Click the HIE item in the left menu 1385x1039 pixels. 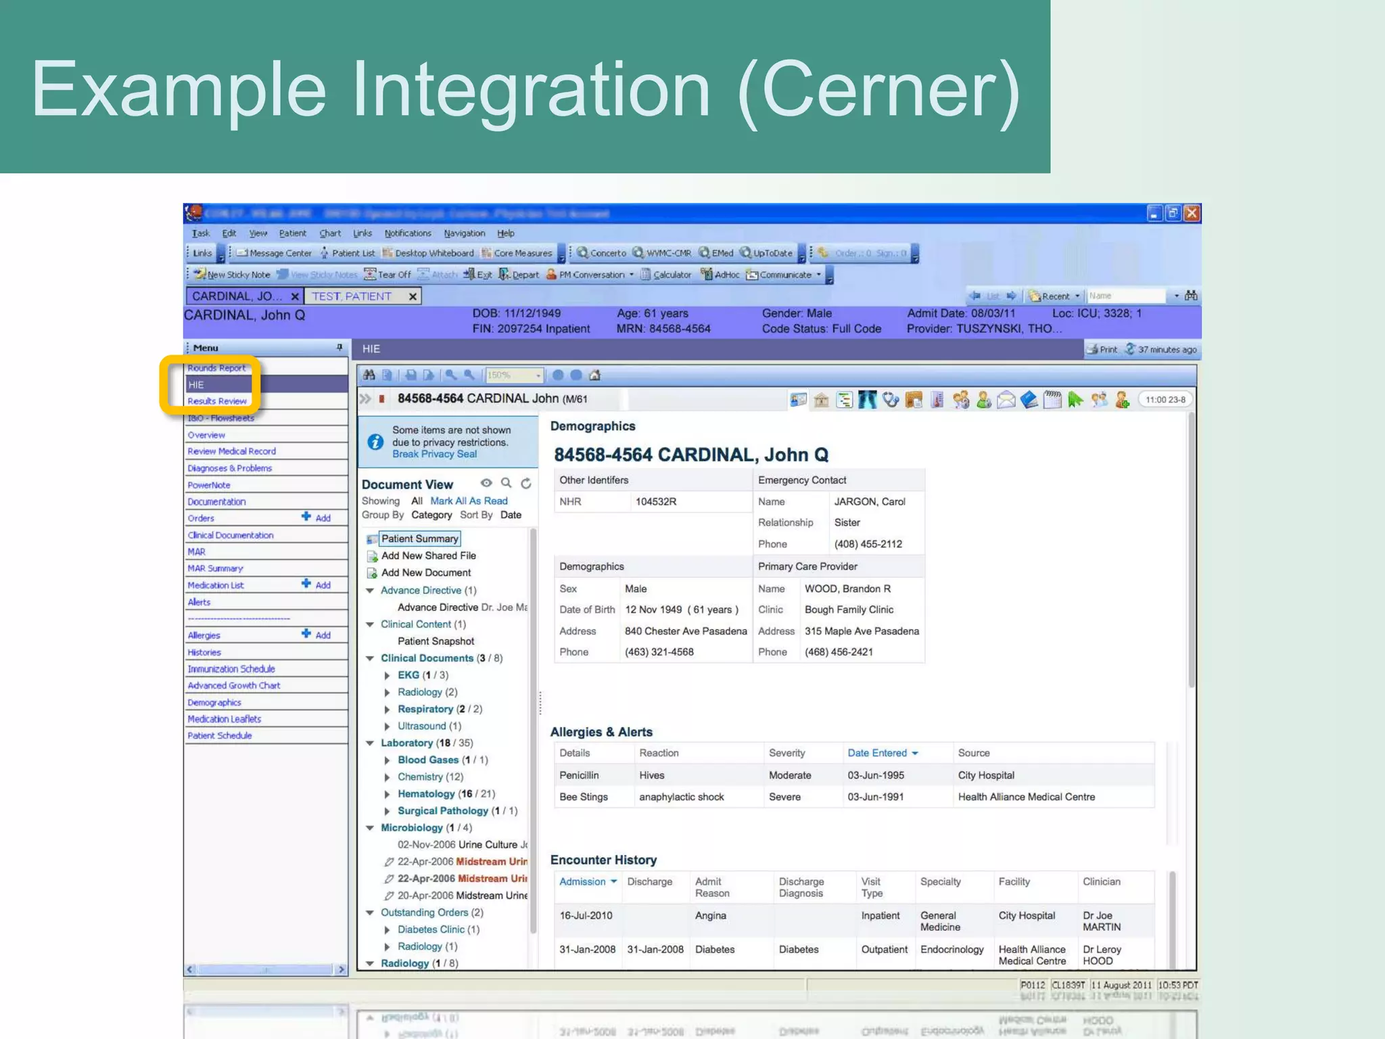tap(197, 384)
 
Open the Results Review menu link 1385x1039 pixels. tap(217, 401)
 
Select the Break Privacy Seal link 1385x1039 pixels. tap(434, 455)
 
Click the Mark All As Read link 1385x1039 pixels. tap(469, 501)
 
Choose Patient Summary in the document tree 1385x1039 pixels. tap(419, 538)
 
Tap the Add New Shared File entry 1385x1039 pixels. tap(428, 555)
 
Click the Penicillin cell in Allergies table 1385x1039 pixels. tap(579, 775)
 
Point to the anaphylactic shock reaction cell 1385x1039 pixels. tap(682, 797)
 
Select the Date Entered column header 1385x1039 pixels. tap(877, 753)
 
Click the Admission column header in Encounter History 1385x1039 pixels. tap(582, 881)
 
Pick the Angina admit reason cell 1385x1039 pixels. tap(710, 915)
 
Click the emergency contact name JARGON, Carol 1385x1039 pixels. tap(870, 501)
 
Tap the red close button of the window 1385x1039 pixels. tap(1192, 214)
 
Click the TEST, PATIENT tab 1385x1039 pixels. tap(352, 296)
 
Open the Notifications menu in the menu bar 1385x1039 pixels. tap(408, 233)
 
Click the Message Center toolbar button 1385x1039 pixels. tap(275, 253)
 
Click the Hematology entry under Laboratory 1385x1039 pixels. tap(426, 793)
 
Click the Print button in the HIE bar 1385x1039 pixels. tap(1102, 350)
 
